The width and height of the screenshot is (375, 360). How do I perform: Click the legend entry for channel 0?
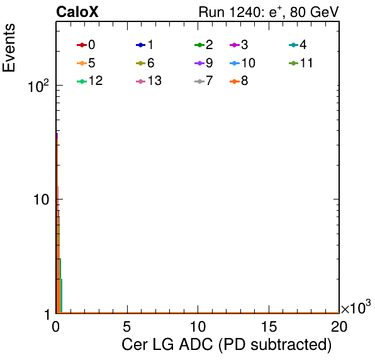point(86,45)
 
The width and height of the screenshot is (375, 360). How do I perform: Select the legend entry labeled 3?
point(239,45)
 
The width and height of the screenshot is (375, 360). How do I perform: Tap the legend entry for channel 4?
point(298,45)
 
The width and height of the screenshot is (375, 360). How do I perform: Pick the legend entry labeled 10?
point(242,63)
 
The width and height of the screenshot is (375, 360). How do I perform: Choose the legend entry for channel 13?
point(148,81)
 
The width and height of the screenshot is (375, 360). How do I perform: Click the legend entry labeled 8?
point(239,81)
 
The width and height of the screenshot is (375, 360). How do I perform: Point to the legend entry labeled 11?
point(301,63)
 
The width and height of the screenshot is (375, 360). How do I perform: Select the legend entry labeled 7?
point(204,81)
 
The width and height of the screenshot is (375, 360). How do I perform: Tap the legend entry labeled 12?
point(90,81)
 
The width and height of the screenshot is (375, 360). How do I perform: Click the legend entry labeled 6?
point(145,63)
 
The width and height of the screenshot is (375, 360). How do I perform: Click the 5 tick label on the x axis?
point(126,326)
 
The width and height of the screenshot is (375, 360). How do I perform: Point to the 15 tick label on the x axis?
point(269,326)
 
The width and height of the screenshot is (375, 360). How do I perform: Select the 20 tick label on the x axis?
point(339,326)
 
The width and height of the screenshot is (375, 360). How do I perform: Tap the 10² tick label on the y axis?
point(38,86)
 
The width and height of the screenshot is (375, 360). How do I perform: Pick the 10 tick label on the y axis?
point(42,200)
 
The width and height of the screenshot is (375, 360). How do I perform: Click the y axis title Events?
point(9,48)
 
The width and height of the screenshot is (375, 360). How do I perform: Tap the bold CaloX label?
point(77,12)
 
